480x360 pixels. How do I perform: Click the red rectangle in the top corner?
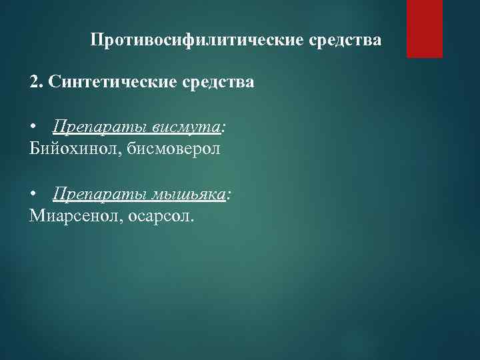[x=425, y=29]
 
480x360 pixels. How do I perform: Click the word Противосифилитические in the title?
[x=198, y=41]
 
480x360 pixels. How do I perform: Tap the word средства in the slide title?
[x=346, y=41]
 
